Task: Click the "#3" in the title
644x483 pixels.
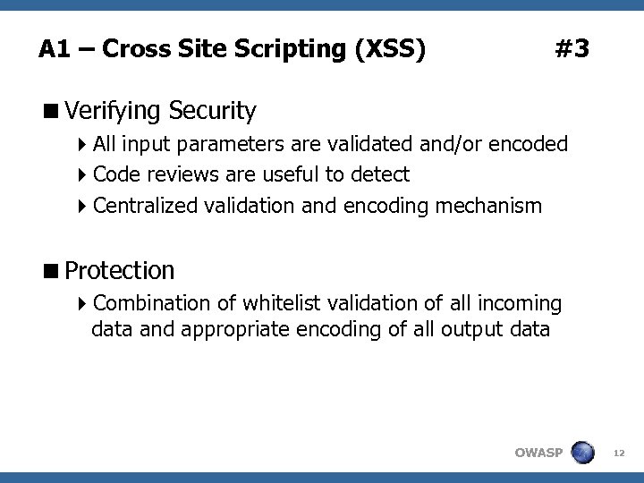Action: coord(572,48)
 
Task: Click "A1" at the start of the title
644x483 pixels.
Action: coord(54,48)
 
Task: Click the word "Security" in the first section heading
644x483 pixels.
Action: coord(213,112)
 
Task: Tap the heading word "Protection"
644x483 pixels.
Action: coord(120,269)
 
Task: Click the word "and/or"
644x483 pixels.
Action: coord(454,144)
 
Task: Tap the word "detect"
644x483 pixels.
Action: coord(381,174)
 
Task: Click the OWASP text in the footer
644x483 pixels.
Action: coord(538,453)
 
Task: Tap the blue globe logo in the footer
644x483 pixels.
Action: coord(582,453)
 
